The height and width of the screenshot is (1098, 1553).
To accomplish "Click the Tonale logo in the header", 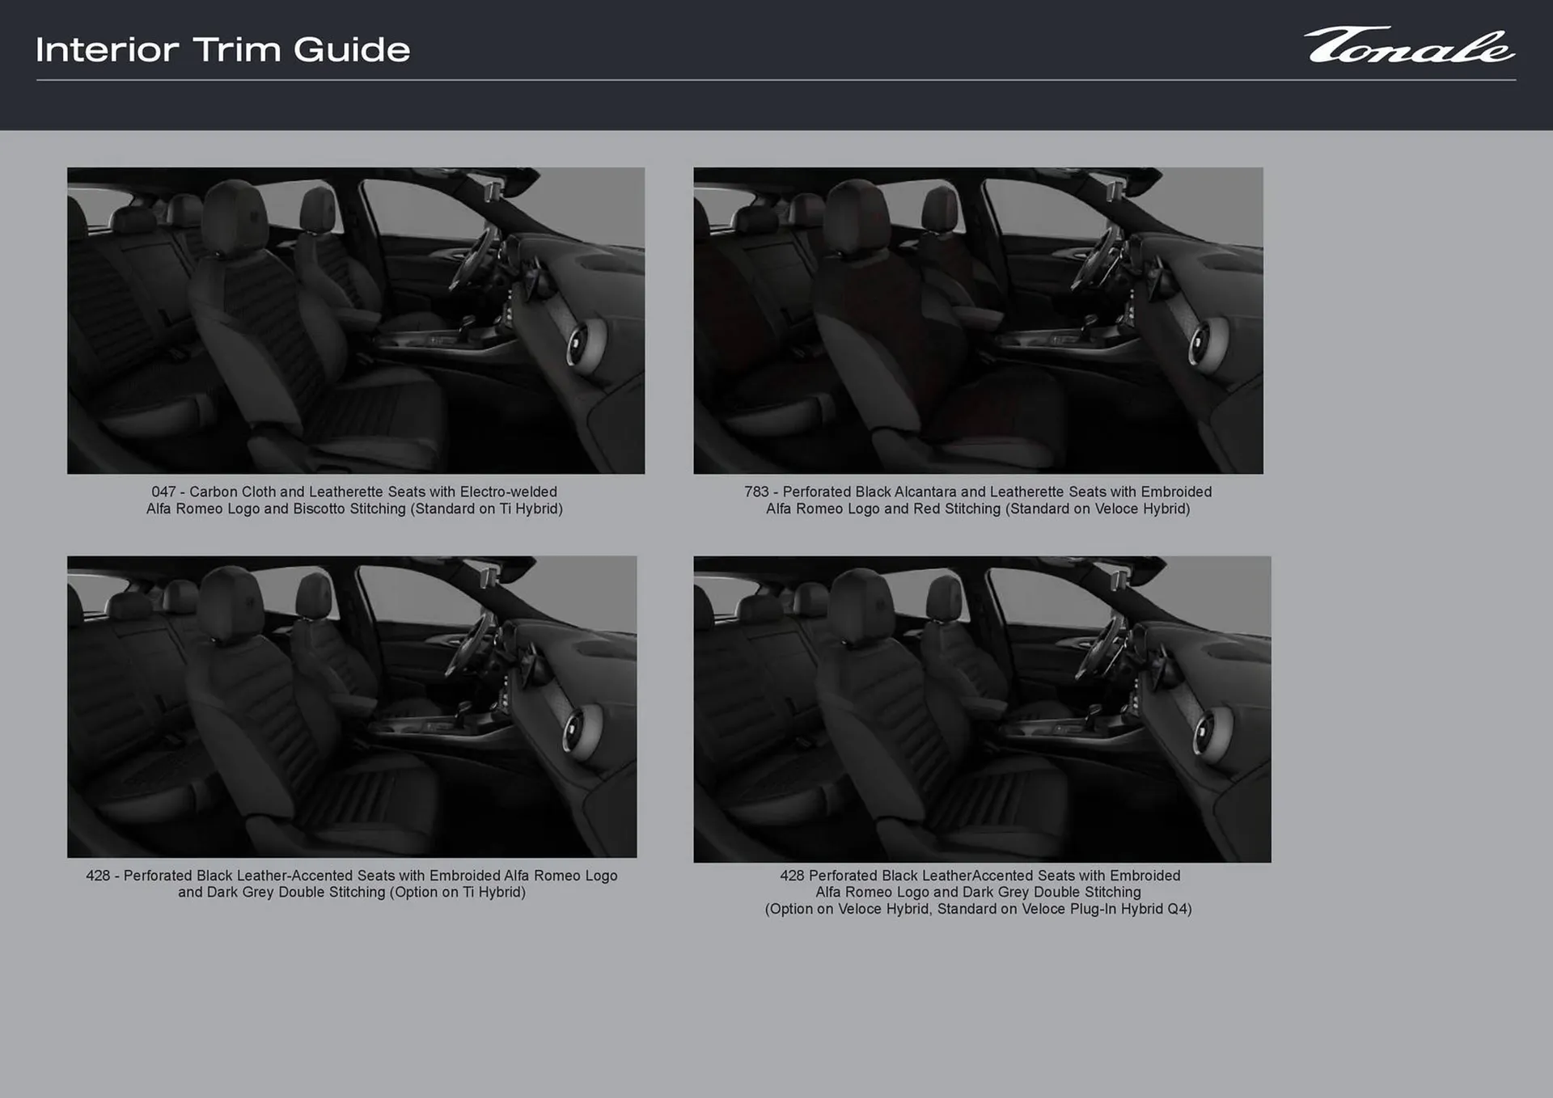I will point(1408,46).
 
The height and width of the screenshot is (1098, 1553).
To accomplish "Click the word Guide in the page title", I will point(352,50).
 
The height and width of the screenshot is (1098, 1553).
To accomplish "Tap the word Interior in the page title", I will point(107,50).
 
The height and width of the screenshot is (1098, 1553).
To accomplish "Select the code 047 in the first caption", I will point(163,492).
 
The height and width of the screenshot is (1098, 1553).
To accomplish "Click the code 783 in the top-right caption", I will point(756,492).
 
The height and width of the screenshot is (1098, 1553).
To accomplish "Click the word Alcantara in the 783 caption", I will point(925,492).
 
